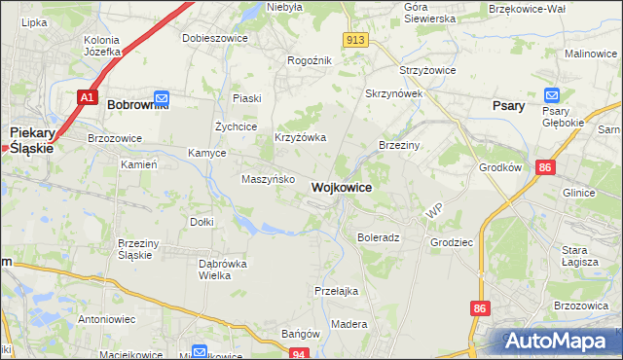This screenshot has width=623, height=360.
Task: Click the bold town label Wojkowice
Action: (341, 186)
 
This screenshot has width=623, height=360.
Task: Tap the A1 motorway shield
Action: (87, 97)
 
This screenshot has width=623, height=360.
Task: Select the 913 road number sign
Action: (355, 39)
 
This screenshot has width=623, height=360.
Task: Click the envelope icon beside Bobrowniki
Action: (162, 98)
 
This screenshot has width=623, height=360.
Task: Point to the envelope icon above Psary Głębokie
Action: (552, 95)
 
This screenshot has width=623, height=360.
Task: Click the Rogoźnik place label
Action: (310, 60)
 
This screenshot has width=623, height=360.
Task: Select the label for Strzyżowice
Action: (429, 71)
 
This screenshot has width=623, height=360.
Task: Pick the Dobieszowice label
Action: (215, 39)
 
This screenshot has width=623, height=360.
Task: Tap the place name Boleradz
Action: (379, 236)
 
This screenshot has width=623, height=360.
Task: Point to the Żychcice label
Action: (236, 126)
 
